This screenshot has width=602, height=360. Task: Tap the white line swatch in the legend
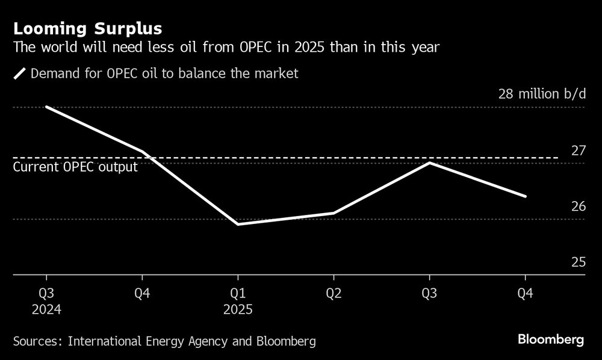pyautogui.click(x=19, y=74)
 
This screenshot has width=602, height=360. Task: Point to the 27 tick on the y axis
pyautogui.click(x=578, y=150)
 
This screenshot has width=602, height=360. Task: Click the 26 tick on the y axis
pyautogui.click(x=578, y=206)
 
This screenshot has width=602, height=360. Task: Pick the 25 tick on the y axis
pyautogui.click(x=578, y=262)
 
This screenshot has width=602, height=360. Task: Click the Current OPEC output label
pyautogui.click(x=75, y=167)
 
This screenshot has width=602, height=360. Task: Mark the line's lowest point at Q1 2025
pyautogui.click(x=238, y=224)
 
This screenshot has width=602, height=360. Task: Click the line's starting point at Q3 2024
pyautogui.click(x=46, y=107)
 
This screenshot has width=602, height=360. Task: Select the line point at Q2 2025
pyautogui.click(x=334, y=213)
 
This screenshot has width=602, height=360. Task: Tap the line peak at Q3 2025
pyautogui.click(x=429, y=163)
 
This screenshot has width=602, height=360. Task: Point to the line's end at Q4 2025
pyautogui.click(x=526, y=196)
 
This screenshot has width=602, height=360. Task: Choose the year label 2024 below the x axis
pyautogui.click(x=46, y=309)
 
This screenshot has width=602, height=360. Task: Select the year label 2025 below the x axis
pyautogui.click(x=238, y=309)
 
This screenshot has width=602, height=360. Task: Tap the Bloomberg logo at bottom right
pyautogui.click(x=551, y=340)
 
